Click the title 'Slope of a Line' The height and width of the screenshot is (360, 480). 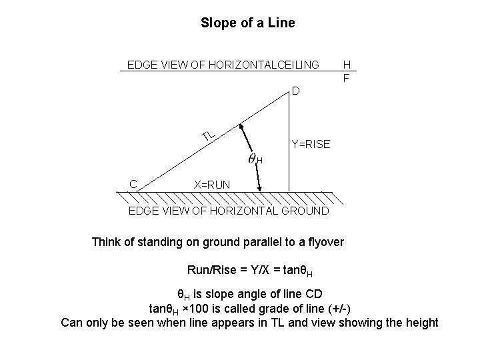pos(247,23)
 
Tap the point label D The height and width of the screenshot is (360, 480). pos(295,91)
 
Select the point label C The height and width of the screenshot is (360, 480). pos(133,184)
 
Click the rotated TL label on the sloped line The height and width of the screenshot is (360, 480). pos(209,135)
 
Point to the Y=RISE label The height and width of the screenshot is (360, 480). pos(311,144)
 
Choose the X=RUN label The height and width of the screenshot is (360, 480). pos(211,184)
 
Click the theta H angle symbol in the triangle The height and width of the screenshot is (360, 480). pos(254,159)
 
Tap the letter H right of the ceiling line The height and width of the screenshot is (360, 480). pos(347,65)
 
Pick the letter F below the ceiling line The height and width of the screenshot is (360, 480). pos(347,77)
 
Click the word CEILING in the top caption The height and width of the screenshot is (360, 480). pos(293,65)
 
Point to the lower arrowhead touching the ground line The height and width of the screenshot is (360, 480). pos(261,188)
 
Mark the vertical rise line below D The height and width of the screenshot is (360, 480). pos(289,140)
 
